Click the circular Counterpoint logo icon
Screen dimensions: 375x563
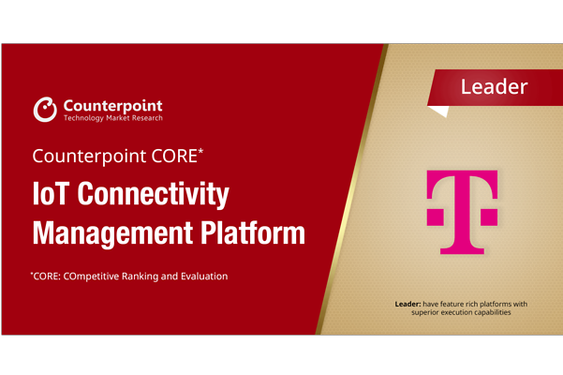point(45,109)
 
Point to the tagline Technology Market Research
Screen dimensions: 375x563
point(111,118)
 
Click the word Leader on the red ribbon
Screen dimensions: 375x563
point(494,87)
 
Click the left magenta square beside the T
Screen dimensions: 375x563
point(435,217)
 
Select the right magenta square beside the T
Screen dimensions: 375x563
point(491,217)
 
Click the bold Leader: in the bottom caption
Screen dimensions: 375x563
point(411,304)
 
